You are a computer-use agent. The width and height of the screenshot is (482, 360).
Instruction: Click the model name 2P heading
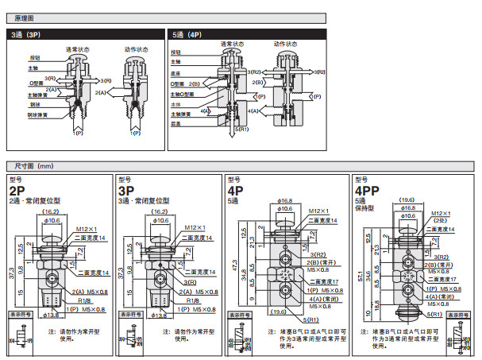[16, 192]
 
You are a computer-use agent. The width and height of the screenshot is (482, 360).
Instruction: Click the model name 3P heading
[125, 192]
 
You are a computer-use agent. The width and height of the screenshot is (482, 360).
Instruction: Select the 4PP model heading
[366, 192]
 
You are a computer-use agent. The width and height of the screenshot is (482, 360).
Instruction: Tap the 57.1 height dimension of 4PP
[362, 277]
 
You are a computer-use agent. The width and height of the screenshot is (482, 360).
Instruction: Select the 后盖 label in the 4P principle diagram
[175, 123]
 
